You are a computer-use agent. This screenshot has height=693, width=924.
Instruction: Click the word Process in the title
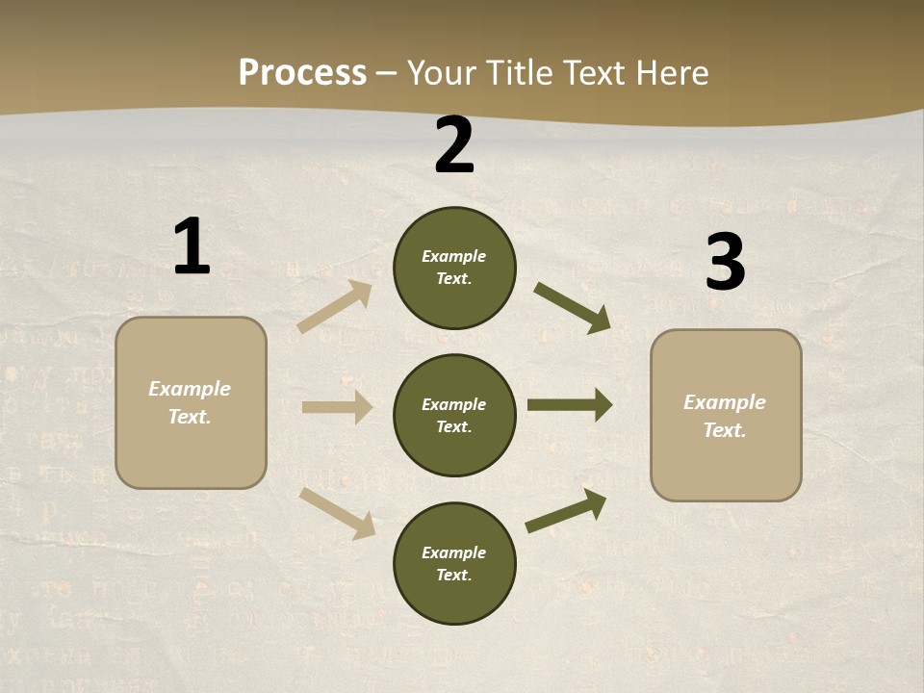click(302, 73)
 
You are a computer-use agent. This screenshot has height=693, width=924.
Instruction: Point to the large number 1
click(192, 246)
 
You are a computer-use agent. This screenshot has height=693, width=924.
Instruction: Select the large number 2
click(454, 145)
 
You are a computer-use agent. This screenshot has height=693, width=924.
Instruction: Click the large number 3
click(725, 262)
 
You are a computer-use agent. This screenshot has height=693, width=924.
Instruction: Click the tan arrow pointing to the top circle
click(335, 307)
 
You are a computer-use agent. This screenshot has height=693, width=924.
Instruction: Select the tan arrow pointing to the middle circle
click(337, 407)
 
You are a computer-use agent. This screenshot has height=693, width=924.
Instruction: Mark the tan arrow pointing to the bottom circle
click(338, 513)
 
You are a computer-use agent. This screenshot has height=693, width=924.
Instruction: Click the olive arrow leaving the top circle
click(573, 308)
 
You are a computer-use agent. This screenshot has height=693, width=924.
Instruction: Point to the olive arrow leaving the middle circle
click(570, 405)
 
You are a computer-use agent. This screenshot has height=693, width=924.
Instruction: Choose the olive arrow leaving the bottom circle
click(566, 510)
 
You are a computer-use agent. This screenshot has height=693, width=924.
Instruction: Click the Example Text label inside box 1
click(190, 402)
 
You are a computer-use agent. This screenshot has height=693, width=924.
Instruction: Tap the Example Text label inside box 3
click(725, 416)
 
